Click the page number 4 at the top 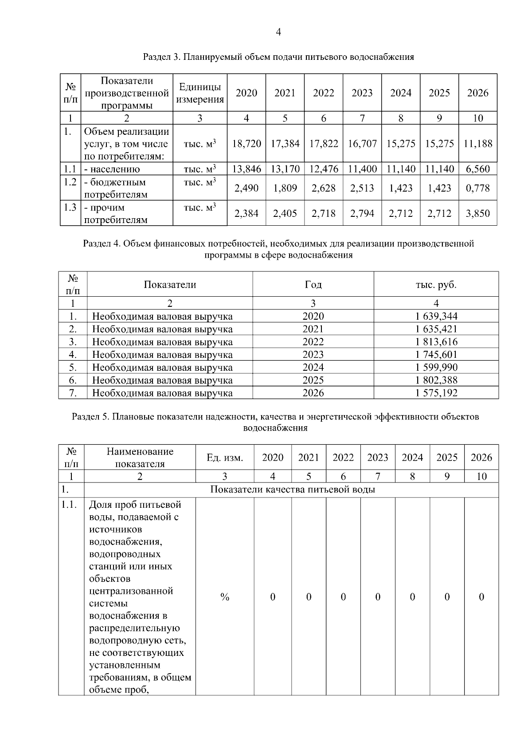[278, 32]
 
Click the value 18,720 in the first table [246, 144]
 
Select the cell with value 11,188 [477, 144]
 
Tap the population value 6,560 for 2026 [477, 169]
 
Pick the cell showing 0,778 [477, 188]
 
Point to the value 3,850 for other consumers [477, 214]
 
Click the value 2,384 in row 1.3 [246, 214]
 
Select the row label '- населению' [112, 169]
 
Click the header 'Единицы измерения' [199, 93]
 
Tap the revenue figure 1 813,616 [436, 342]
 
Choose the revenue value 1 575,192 [436, 393]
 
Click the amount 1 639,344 [436, 316]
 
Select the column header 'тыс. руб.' [436, 285]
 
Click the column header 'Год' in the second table [313, 285]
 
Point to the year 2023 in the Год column [313, 355]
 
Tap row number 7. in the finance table [73, 393]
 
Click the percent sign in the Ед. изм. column [225, 597]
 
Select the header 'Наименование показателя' [140, 458]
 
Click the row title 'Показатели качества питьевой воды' [292, 490]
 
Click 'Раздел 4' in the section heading [101, 243]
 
